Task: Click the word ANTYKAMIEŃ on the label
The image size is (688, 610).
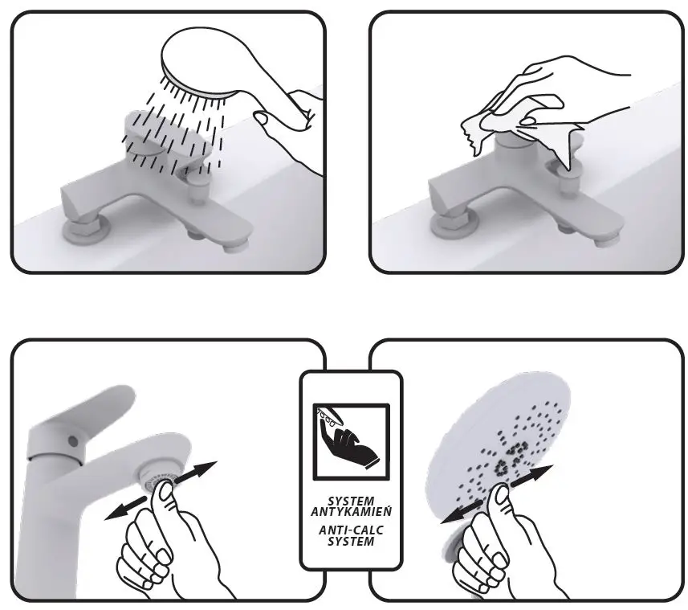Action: coord(351,512)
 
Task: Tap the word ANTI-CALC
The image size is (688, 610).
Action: coord(351,530)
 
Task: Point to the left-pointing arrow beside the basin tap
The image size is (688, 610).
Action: coord(125,508)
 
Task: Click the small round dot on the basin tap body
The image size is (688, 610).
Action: coord(72,441)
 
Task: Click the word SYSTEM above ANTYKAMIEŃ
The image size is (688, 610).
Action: coord(351,501)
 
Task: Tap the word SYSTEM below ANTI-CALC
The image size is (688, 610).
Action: coord(351,541)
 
